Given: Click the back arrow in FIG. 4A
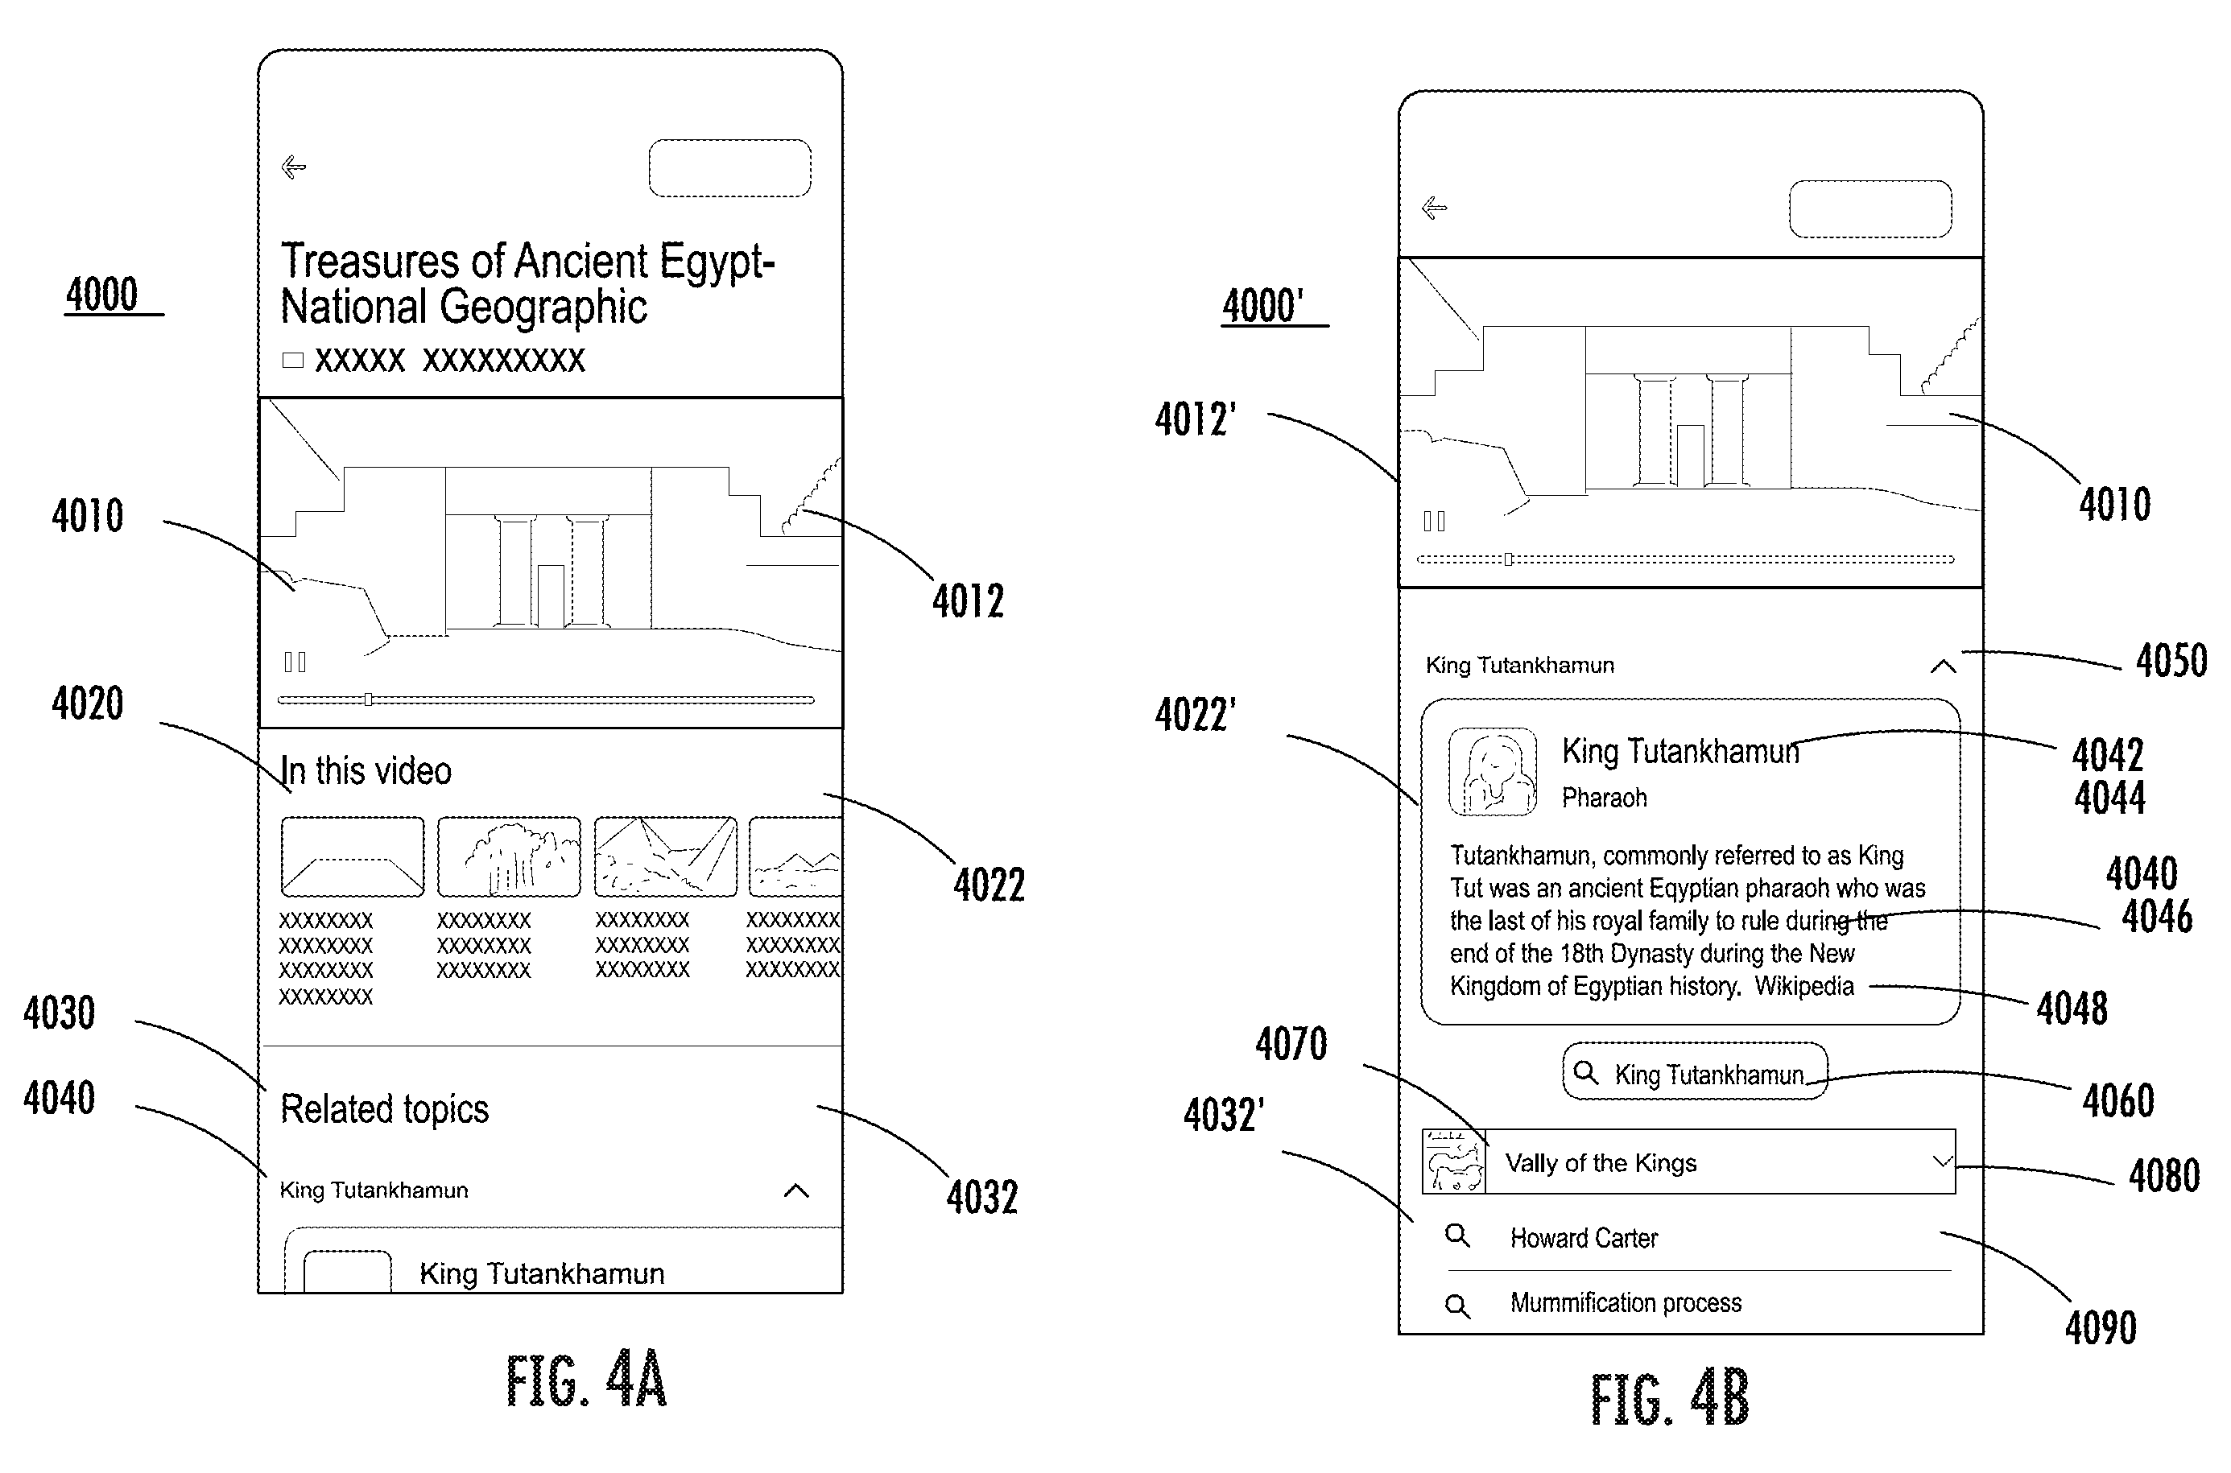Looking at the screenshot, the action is point(294,167).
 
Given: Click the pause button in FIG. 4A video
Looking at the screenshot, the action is point(295,662).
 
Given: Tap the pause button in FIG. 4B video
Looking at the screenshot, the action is point(1435,521).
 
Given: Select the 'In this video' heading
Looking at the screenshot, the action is point(366,771).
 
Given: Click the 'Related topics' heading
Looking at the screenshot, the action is point(384,1108).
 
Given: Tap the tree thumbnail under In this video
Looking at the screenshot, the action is point(509,856).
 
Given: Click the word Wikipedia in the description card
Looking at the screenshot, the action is point(1804,986).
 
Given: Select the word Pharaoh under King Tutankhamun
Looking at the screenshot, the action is point(1605,798).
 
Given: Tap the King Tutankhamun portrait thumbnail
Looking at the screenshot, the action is point(1493,771).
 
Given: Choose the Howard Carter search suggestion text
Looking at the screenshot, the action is point(1584,1238).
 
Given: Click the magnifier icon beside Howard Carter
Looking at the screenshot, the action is point(1458,1236).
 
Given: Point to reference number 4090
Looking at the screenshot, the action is point(2101,1327).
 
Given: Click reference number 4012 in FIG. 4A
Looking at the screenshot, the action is point(968,601).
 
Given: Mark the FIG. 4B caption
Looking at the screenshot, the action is point(1670,1400).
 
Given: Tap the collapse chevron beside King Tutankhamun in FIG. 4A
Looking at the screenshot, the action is point(796,1191).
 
